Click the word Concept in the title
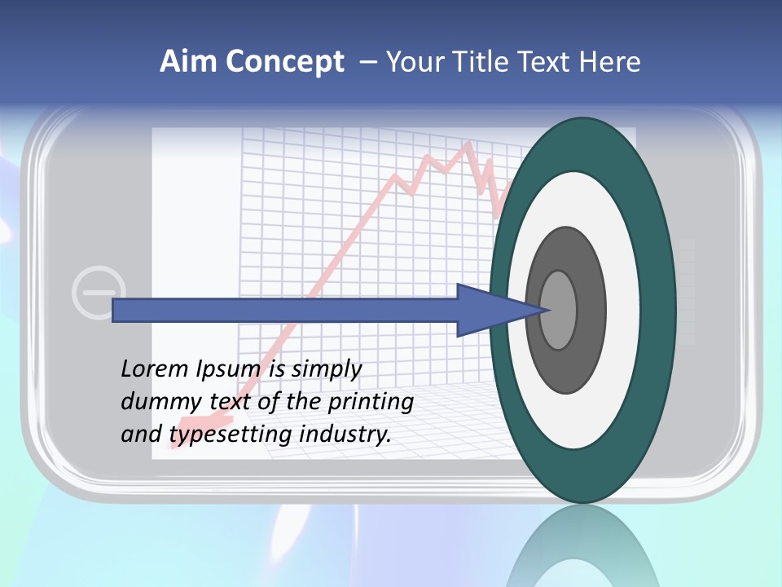click(284, 62)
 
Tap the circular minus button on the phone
click(99, 291)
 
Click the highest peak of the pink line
click(468, 146)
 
